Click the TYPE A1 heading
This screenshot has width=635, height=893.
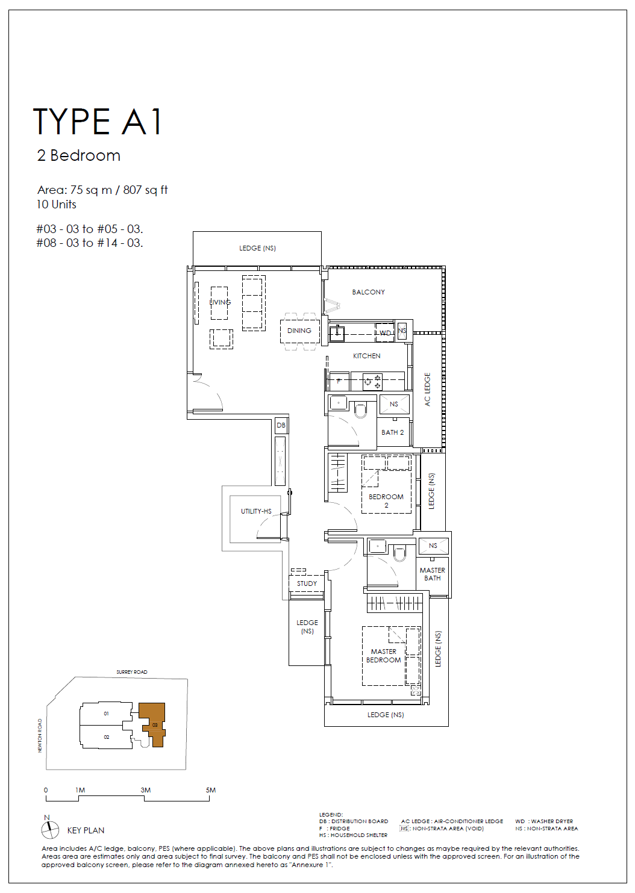[x=98, y=121]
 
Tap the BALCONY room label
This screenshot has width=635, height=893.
[x=368, y=292]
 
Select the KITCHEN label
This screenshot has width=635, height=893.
[x=366, y=356]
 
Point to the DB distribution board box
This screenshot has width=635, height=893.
[x=281, y=425]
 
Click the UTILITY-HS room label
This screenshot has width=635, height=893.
[x=256, y=511]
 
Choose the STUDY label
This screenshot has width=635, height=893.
[x=307, y=583]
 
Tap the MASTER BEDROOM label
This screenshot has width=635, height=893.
[x=383, y=656]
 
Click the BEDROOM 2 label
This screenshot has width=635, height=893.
[x=386, y=501]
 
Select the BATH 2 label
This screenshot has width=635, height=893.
[x=392, y=432]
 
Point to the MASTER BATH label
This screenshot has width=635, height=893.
[x=433, y=574]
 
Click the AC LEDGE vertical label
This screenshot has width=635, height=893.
[x=428, y=390]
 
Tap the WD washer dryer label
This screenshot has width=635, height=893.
[x=385, y=333]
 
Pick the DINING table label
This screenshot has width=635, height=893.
[x=299, y=331]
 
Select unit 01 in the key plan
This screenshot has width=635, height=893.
[x=106, y=713]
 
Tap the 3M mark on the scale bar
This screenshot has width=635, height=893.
[x=146, y=790]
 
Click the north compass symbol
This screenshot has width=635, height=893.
[x=50, y=830]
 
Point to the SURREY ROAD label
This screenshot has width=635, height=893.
[x=131, y=672]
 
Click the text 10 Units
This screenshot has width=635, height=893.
[x=56, y=205]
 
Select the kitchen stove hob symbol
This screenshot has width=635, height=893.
[x=372, y=382]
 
